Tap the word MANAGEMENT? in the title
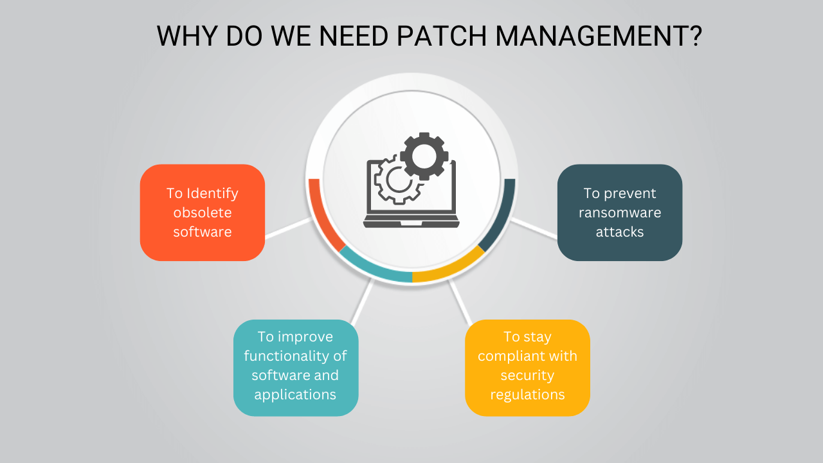coord(599,37)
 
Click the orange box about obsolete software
coord(202,212)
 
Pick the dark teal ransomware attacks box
coord(619,212)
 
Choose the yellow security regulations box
coord(527,367)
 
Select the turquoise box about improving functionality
coord(295,367)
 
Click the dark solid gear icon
coord(423,156)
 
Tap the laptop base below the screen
coord(411,222)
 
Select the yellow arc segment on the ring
coord(450,270)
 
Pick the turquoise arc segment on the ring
coord(373,270)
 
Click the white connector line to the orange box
coord(287,228)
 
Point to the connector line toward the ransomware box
coord(534,228)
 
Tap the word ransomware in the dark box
coord(619,213)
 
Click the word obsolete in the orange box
coord(202,213)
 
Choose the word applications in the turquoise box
coord(295,394)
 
